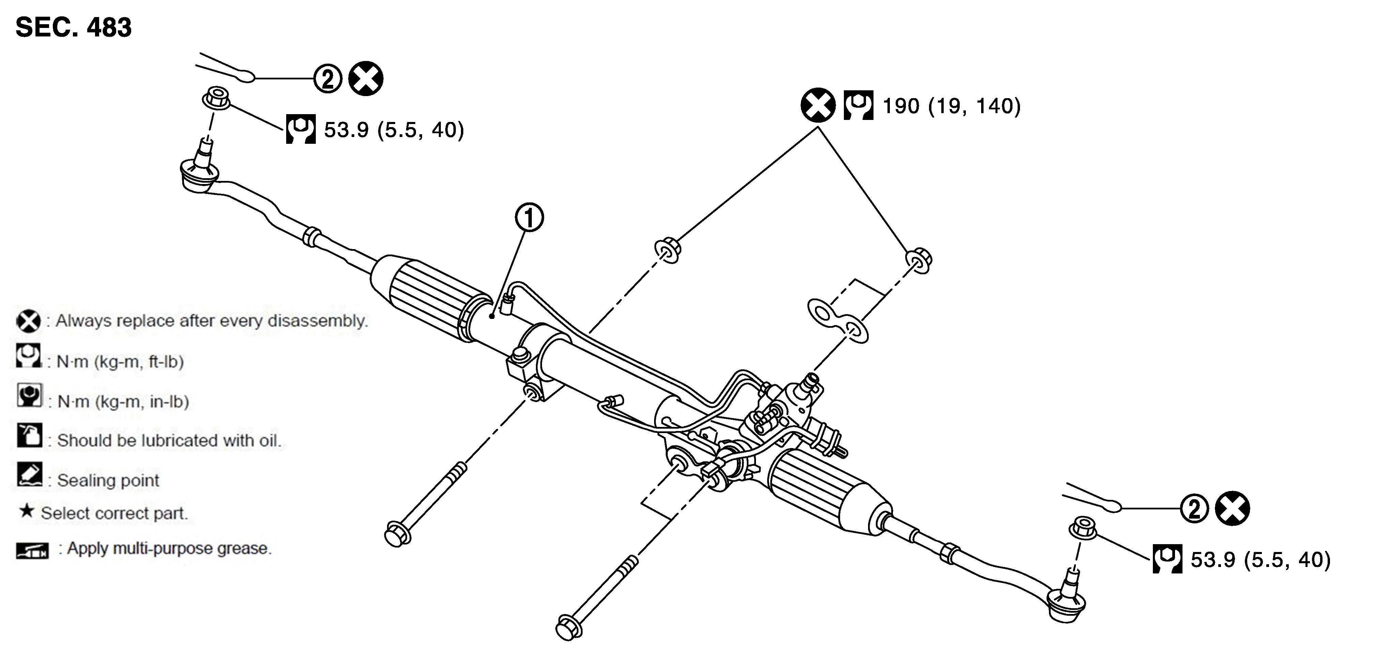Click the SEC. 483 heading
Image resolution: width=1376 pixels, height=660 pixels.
pos(73,27)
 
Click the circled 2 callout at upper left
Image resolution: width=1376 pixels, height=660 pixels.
pos(327,79)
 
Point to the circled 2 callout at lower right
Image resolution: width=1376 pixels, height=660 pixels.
pos(1194,508)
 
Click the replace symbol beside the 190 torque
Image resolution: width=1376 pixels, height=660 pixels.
pos(818,105)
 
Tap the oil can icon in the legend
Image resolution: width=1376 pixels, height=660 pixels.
pos(29,435)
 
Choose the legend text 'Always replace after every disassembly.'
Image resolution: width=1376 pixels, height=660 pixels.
pos(212,321)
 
